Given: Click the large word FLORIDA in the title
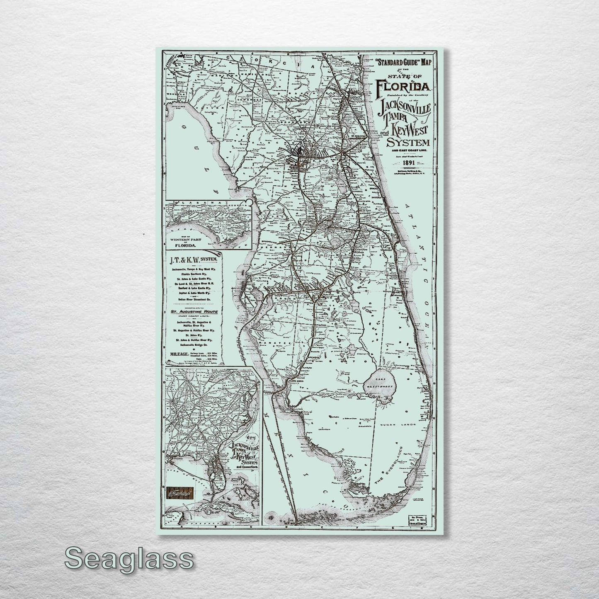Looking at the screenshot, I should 404,87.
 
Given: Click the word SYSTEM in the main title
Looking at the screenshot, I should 408,143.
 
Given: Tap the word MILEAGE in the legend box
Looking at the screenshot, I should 179,354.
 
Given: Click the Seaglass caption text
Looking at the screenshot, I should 129,559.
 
